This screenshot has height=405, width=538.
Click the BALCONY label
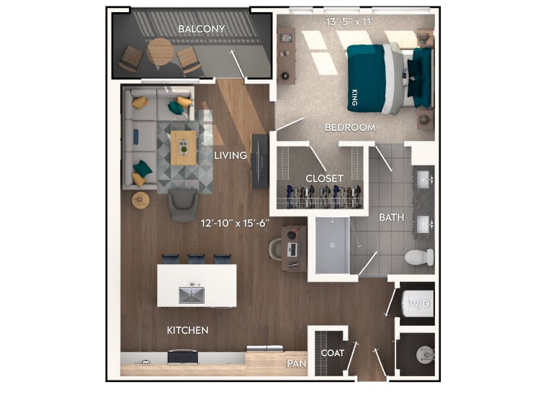[202, 29]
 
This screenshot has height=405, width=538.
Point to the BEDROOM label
[350, 127]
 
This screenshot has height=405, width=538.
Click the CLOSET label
[324, 178]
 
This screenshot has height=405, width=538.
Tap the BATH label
[391, 217]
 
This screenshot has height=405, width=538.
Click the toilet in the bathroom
[418, 257]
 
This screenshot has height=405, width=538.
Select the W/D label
[420, 304]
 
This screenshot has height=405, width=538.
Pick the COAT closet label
[332, 353]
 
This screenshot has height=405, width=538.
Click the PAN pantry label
[296, 363]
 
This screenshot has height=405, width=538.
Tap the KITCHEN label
[187, 330]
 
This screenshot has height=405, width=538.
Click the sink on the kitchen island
[192, 294]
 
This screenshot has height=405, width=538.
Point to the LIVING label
[230, 155]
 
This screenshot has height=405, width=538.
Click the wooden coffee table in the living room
[183, 147]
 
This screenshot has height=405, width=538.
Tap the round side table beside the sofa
[140, 199]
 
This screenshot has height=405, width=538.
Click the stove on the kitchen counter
[183, 356]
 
